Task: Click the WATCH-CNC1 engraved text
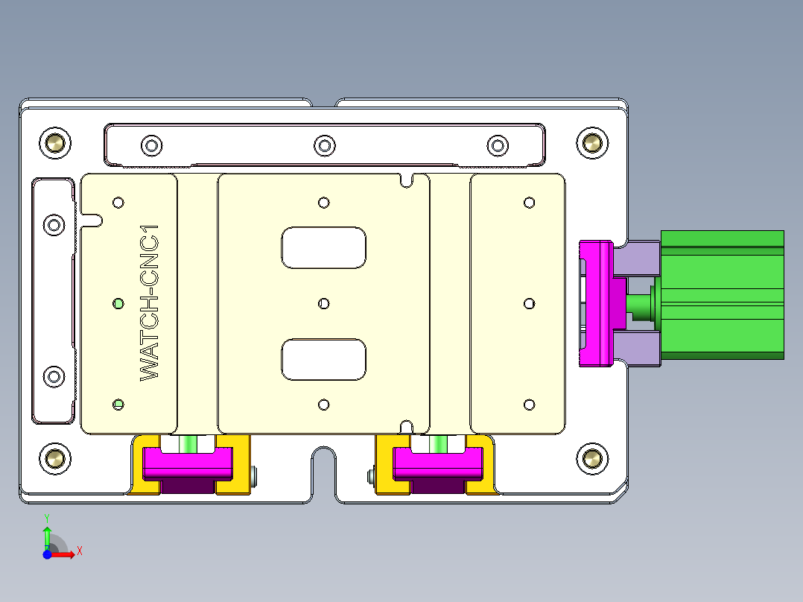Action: coord(150,304)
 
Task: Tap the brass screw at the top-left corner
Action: coord(55,142)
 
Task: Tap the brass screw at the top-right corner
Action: coord(592,142)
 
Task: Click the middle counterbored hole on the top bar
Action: coord(324,145)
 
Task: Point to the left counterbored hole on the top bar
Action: coord(151,145)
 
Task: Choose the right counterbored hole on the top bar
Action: coord(497,145)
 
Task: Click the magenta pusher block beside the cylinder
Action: coord(597,304)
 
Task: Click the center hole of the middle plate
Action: coord(323,303)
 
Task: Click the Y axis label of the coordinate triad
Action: coord(47,517)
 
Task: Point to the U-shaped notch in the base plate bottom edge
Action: coord(323,469)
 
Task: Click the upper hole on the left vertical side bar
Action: coord(54,224)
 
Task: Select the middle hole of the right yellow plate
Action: coord(529,303)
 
